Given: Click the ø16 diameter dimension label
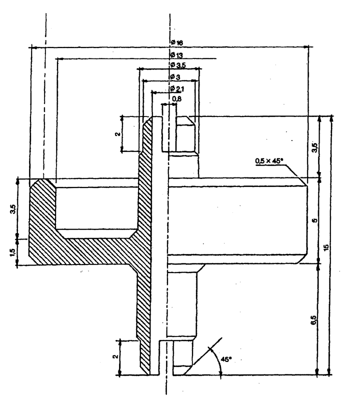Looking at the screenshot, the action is [177, 42].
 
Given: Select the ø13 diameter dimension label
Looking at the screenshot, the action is [176, 55].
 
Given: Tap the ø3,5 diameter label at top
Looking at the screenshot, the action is [178, 65].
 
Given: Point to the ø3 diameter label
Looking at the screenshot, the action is [175, 77].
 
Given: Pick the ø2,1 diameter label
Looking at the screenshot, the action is [177, 89].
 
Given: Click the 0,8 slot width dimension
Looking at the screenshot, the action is [177, 98].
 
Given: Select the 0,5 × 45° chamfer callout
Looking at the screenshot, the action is [269, 161].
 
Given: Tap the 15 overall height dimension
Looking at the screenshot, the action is [326, 247].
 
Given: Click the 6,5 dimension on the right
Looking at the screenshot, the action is [314, 320].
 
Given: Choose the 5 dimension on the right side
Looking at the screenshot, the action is [315, 220].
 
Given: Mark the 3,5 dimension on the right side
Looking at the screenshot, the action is [314, 147].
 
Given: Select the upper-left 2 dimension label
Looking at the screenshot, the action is [117, 134].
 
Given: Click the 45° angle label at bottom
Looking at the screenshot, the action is [226, 359].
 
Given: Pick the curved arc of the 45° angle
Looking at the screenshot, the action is [218, 360].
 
